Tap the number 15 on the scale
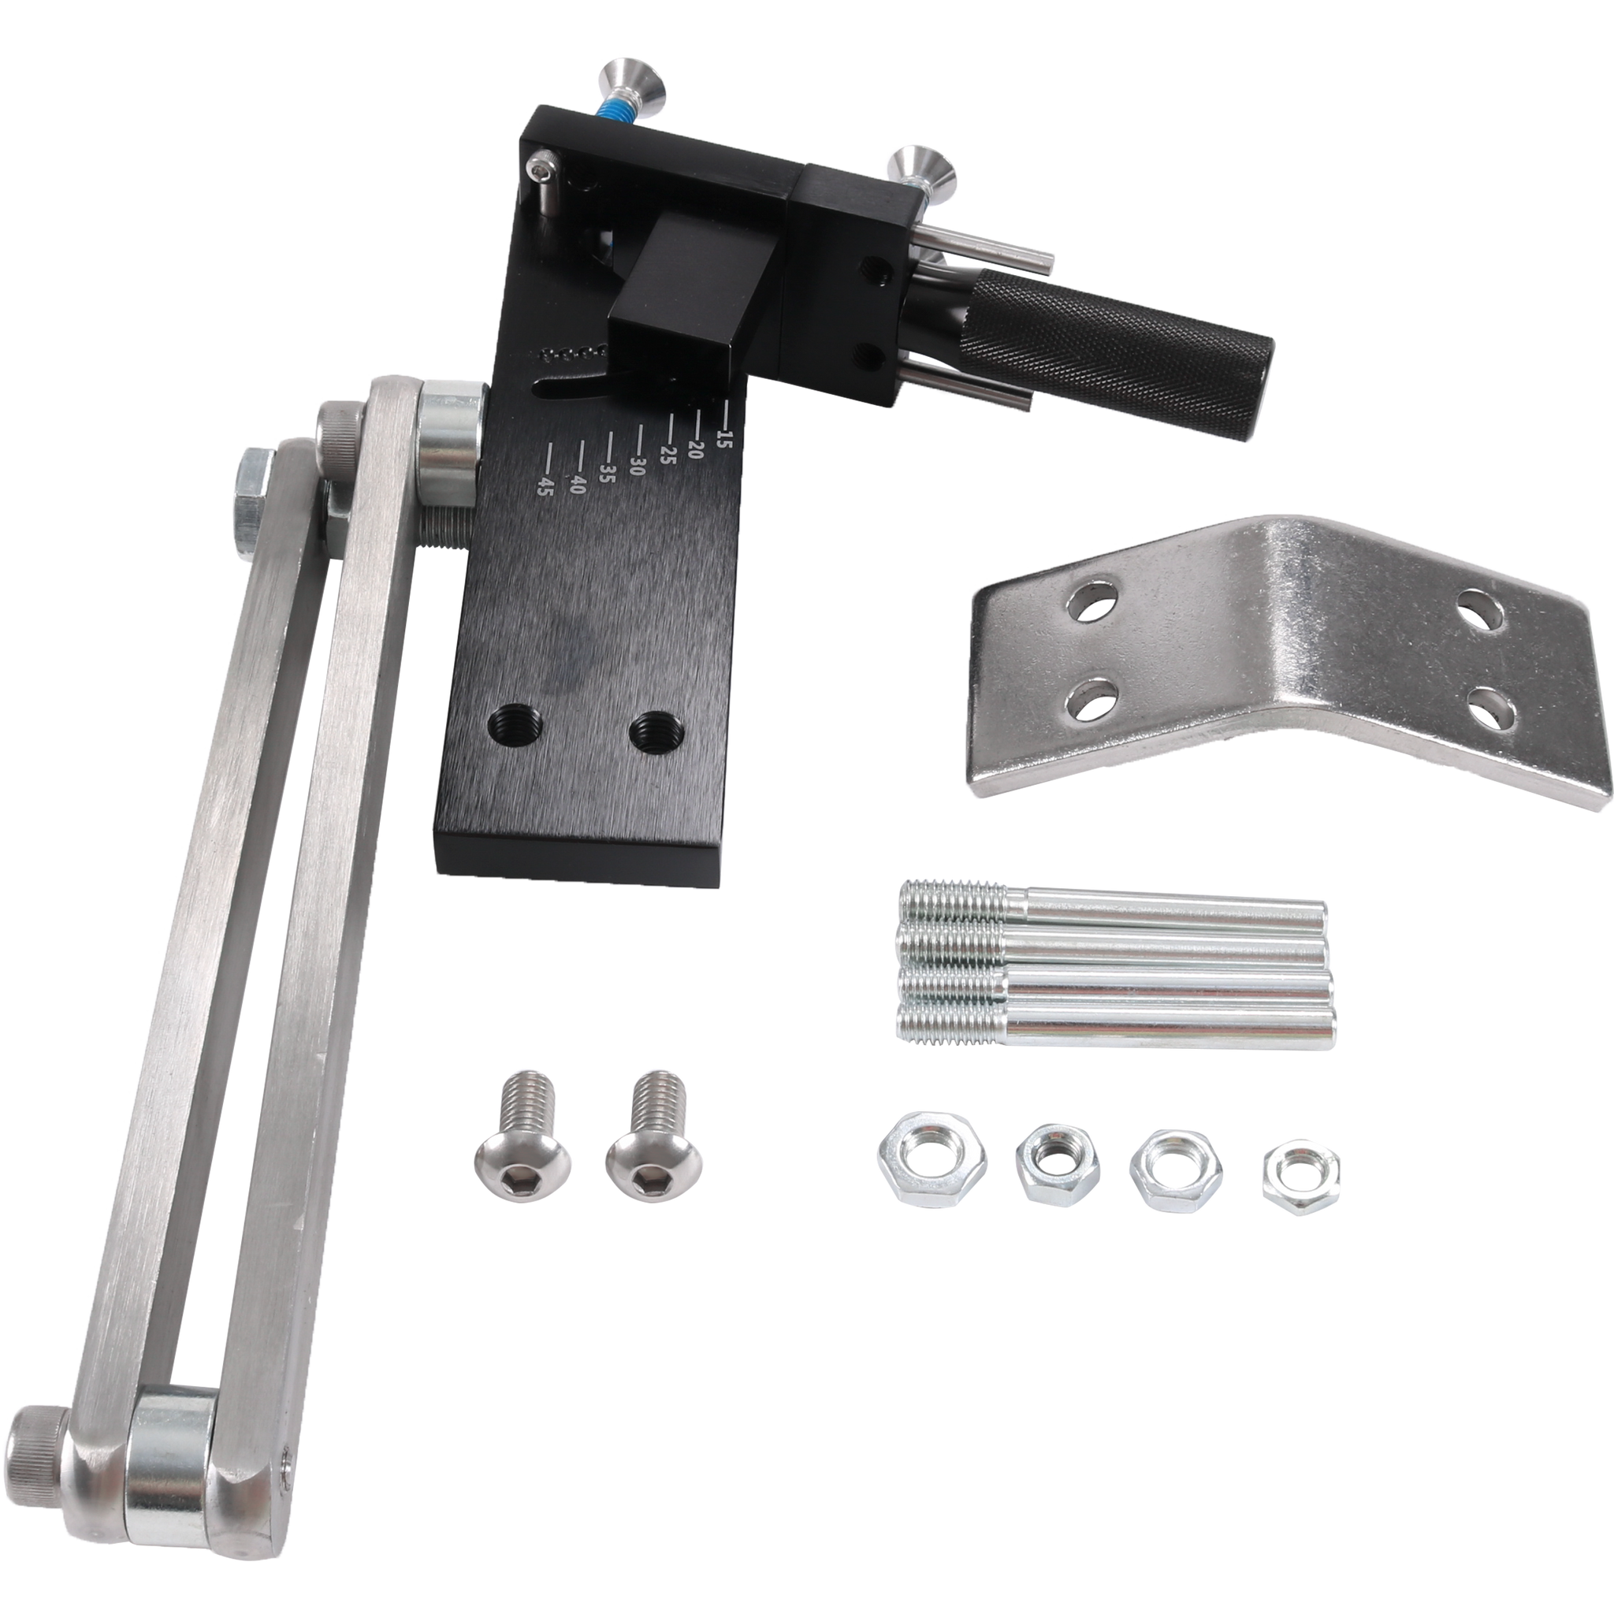pyautogui.click(x=723, y=437)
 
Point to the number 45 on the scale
pyautogui.click(x=545, y=486)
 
